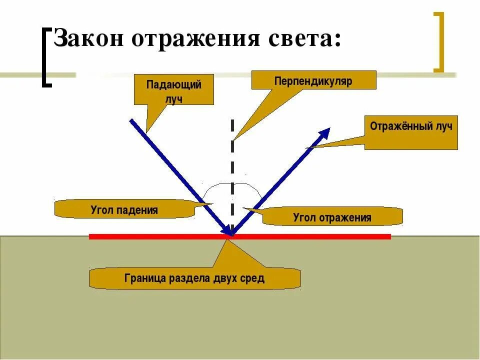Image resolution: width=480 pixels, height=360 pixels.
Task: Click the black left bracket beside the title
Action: tap(46, 57)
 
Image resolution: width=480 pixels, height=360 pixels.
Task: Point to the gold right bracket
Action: tap(438, 42)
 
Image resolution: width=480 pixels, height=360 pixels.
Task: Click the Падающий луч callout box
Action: tap(173, 90)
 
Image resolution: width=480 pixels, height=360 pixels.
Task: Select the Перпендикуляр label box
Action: tap(313, 80)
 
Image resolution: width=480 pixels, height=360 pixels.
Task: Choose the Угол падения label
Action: tap(124, 209)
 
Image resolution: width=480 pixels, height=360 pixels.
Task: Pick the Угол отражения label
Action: tap(332, 217)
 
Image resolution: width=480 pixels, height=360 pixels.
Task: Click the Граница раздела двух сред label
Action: tap(194, 278)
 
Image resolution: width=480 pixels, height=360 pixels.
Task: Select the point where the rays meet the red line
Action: tap(231, 234)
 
